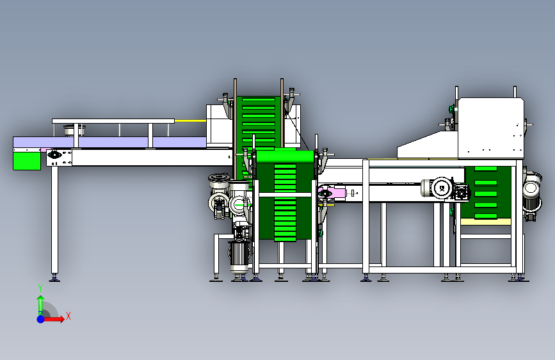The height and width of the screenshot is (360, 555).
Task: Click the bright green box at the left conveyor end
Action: tap(27, 161)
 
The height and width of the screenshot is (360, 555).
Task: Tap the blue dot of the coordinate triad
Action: tap(41, 319)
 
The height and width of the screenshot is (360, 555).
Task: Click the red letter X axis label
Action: tap(68, 316)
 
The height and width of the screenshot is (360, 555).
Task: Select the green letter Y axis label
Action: tap(40, 288)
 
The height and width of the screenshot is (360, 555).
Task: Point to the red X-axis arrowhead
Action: tap(61, 319)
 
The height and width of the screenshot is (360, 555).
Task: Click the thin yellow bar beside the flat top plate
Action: tap(190, 121)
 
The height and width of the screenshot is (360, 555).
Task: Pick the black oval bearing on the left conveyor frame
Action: tap(54, 154)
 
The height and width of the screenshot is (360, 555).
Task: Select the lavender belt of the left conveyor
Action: tap(109, 142)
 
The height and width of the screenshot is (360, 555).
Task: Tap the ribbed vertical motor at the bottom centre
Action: tap(239, 256)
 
